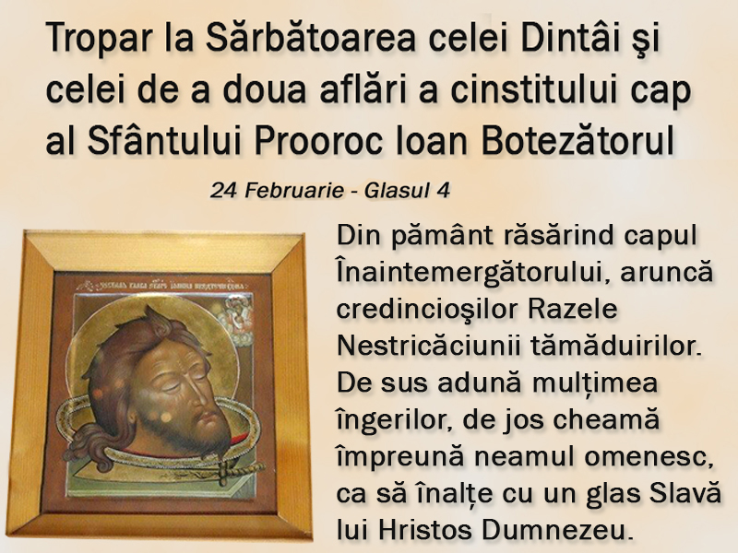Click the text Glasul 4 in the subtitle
[x=407, y=191]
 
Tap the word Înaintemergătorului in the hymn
[x=470, y=273]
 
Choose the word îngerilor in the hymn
[x=394, y=420]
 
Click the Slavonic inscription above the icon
[x=162, y=286]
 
